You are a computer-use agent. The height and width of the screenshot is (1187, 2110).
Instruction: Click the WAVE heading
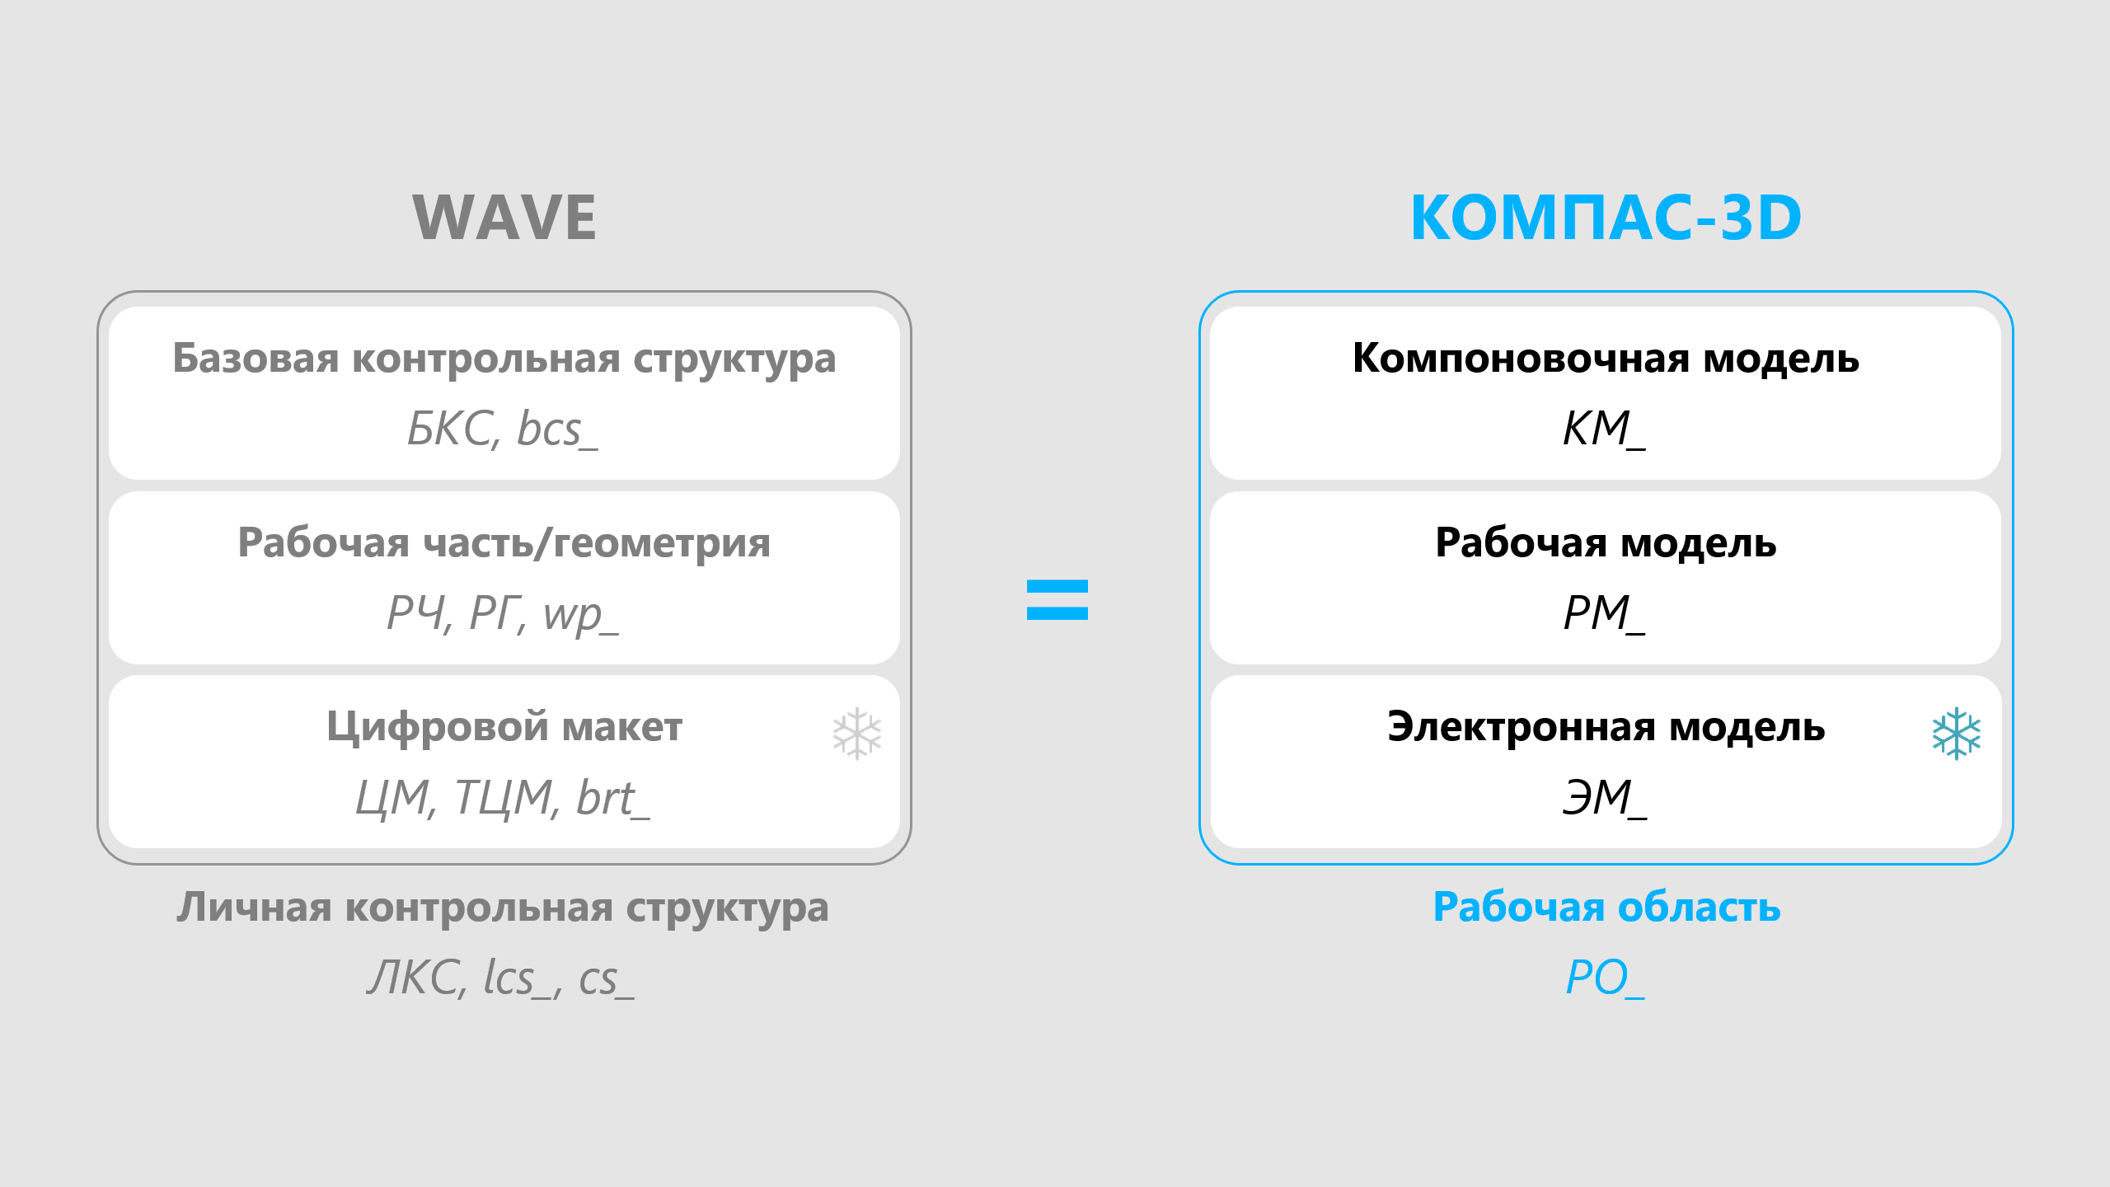pos(504,218)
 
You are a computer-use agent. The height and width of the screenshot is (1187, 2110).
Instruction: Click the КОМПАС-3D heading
pos(1606,218)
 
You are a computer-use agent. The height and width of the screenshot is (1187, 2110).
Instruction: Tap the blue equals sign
pos(1057,599)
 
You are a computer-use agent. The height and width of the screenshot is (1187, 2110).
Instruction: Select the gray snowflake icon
pos(856,733)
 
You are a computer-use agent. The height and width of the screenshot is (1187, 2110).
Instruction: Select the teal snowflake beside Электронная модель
pos(1956,733)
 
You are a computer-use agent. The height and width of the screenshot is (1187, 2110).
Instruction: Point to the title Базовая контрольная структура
pos(504,359)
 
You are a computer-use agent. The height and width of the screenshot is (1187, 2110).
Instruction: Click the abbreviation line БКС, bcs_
pos(503,429)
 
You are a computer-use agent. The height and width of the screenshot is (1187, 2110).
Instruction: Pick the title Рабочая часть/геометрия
pos(504,544)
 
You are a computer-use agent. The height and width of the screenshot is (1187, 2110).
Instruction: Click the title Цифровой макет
pos(504,728)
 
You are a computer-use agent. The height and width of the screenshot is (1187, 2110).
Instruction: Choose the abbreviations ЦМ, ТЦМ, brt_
pos(503,799)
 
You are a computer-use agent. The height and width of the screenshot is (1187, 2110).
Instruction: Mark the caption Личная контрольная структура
pos(503,908)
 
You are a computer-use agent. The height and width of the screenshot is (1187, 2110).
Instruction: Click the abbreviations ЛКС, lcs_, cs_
pos(501,978)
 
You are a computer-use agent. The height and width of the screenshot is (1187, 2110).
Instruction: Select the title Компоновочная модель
pos(1606,359)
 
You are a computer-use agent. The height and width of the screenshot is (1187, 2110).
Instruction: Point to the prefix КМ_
pos(1604,429)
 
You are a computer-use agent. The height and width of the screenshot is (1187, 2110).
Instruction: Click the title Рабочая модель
pos(1606,544)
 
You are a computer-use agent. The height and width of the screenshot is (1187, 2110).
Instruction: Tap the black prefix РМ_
pos(1604,614)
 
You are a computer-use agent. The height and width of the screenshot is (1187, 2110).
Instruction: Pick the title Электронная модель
pos(1606,728)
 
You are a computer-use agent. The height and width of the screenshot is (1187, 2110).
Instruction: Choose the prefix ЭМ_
pos(1604,799)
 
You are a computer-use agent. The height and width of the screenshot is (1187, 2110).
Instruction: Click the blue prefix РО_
pos(1605,978)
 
